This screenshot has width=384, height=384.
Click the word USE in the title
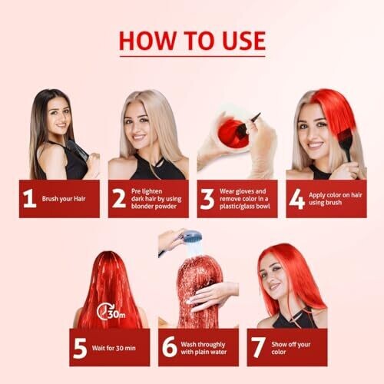tap(243, 41)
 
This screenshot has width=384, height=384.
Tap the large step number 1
tap(29, 198)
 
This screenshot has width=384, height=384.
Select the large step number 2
tap(119, 198)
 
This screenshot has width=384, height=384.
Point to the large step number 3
tap(207, 199)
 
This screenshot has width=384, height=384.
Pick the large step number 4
tap(296, 199)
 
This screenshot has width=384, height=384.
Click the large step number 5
tap(80, 348)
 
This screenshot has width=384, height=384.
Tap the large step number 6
tap(169, 347)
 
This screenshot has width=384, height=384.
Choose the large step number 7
tap(257, 348)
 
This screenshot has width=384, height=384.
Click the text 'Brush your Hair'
tap(64, 199)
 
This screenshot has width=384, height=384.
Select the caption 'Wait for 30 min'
tap(114, 348)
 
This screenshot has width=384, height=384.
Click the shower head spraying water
tap(191, 237)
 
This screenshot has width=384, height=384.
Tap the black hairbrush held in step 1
tap(78, 151)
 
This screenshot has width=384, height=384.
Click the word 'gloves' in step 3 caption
tap(245, 191)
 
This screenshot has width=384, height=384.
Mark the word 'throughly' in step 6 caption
tap(211, 345)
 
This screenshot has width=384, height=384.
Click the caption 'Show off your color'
tap(291, 348)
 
